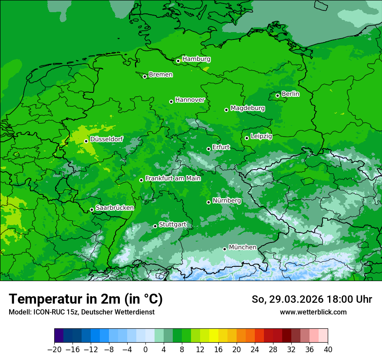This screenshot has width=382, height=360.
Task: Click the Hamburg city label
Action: tap(196, 59)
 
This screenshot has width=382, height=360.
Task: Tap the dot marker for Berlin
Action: tap(277, 95)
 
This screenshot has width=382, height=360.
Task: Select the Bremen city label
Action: tap(161, 75)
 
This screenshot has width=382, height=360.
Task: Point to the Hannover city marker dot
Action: tap(171, 101)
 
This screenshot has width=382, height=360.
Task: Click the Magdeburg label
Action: tap(247, 108)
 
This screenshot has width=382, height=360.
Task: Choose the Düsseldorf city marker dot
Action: tap(86, 141)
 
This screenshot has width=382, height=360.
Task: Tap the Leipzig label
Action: tap(261, 136)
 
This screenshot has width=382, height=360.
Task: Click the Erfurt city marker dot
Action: tap(208, 149)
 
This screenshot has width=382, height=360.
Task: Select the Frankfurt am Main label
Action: tap(173, 178)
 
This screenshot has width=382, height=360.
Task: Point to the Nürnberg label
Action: tap(227, 201)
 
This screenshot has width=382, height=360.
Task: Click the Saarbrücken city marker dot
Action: tap(92, 209)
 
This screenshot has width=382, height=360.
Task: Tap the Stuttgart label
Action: tap(172, 225)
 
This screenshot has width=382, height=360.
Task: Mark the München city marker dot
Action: tap(224, 249)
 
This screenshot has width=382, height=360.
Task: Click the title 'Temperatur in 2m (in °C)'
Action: tap(86, 299)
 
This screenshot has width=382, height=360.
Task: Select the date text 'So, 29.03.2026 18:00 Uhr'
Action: tap(312, 299)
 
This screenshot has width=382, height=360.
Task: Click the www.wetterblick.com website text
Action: tap(313, 312)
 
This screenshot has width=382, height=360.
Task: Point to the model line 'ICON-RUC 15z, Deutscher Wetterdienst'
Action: tap(82, 312)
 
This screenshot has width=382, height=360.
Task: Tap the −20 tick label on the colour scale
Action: tap(54, 350)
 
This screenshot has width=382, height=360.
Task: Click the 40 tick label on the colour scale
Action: tap(328, 350)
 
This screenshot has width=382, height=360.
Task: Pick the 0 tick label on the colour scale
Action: tap(145, 350)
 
